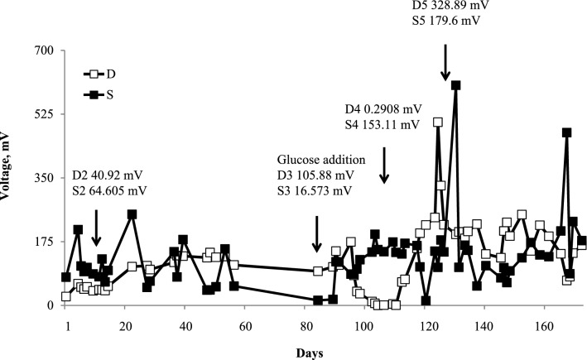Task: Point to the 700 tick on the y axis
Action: point(43,50)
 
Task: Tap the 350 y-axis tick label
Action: point(43,178)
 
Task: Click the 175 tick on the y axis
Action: point(43,242)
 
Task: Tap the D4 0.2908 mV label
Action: point(384,109)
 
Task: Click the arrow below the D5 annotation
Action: point(445,62)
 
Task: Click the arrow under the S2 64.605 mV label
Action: point(96,228)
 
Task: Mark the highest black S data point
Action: point(455,85)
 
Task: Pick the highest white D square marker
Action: point(438,122)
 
